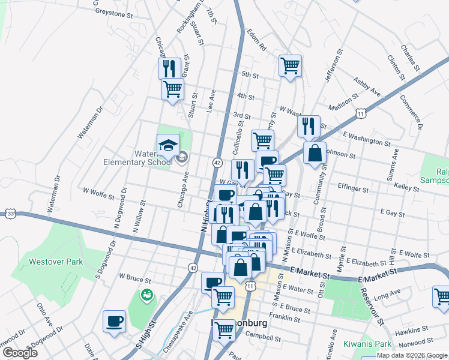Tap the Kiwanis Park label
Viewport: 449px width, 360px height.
368,344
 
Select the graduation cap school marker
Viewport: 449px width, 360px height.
168,145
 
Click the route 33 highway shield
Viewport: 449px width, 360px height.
10,213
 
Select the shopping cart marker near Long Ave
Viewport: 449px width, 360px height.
442,296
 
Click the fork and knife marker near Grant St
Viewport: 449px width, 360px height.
169,68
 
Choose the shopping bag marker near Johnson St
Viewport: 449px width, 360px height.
315,153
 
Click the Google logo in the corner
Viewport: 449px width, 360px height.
20,353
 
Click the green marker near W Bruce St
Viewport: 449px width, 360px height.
146,295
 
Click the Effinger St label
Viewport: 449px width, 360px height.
353,188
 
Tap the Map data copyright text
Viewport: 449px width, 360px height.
412,355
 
